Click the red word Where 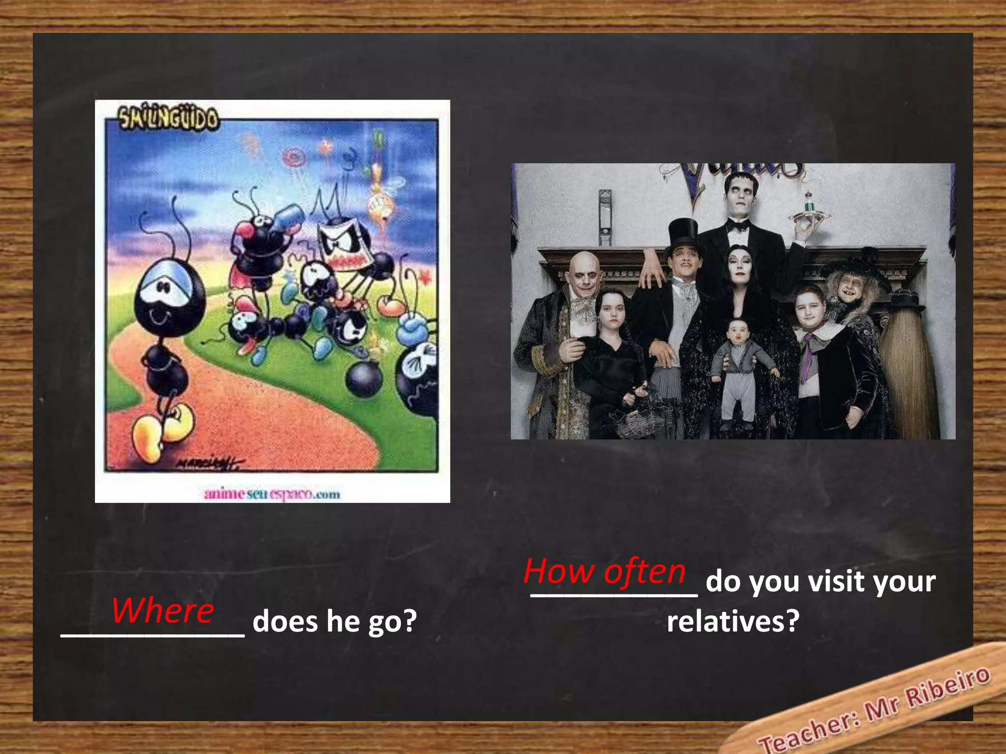pyautogui.click(x=163, y=610)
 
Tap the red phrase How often pyautogui.click(x=605, y=572)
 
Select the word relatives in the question pyautogui.click(x=733, y=621)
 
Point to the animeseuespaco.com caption pyautogui.click(x=272, y=494)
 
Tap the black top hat pyautogui.click(x=683, y=235)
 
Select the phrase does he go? pyautogui.click(x=335, y=621)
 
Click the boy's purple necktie pyautogui.click(x=807, y=358)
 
